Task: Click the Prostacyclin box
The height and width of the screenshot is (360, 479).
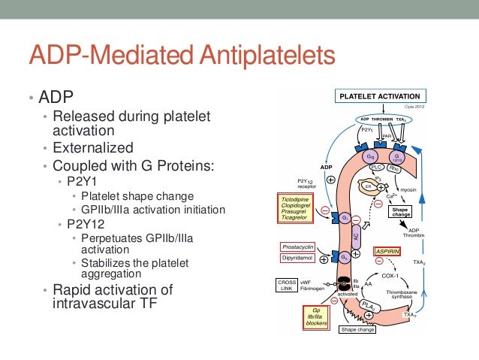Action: (x=298, y=246)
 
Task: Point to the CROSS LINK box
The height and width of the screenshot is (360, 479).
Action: (x=287, y=286)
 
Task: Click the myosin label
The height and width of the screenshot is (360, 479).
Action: (x=409, y=190)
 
